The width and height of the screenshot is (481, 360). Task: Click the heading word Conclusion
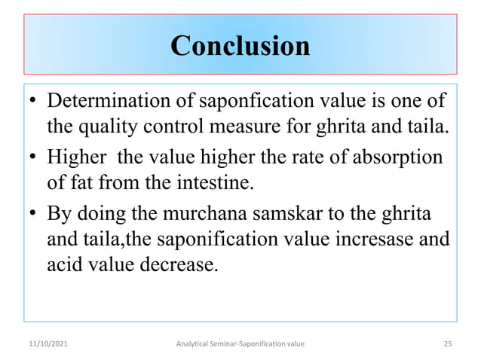240,46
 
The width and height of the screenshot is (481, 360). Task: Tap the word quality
109,124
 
